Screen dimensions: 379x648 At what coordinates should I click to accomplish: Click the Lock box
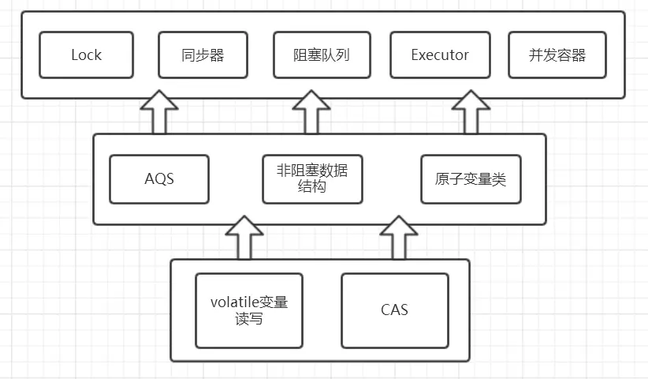point(87,55)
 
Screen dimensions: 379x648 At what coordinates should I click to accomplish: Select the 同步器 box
point(203,55)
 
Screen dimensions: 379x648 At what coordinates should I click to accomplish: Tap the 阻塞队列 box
point(322,55)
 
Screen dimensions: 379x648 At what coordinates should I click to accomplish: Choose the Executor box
point(440,55)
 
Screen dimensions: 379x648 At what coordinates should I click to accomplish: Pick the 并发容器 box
point(557,55)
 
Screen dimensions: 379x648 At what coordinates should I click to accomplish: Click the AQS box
point(158,179)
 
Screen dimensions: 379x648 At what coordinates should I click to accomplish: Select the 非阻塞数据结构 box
point(312,179)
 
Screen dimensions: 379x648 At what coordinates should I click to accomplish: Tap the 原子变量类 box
point(470,179)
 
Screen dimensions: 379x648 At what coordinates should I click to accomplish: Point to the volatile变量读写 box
point(249,310)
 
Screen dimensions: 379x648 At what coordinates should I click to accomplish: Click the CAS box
point(394,310)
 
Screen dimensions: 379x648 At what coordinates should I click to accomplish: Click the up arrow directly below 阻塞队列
point(311,113)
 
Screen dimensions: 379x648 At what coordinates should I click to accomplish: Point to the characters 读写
point(249,320)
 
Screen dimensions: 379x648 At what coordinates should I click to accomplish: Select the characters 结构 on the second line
point(312,189)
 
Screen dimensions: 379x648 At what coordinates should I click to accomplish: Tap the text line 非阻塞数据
point(312,170)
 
